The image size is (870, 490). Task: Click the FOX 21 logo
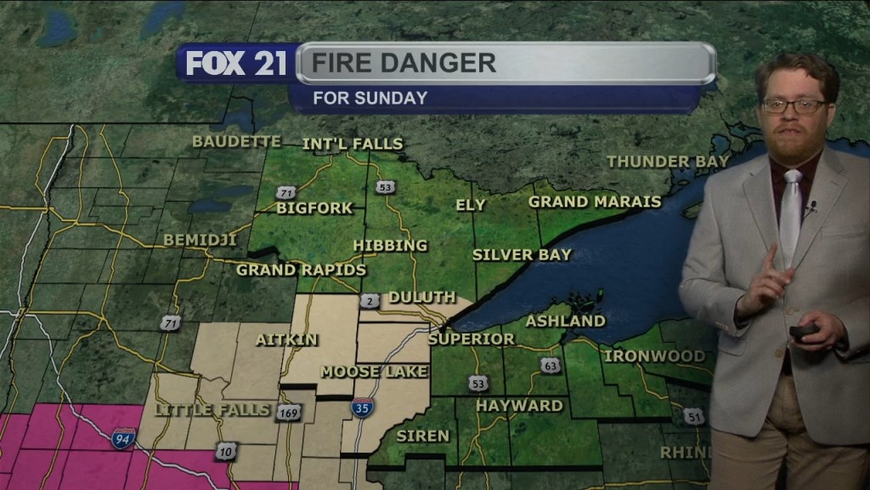236,63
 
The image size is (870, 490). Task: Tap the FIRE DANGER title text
403,63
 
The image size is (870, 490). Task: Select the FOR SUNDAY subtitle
370,98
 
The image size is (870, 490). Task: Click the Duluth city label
422,297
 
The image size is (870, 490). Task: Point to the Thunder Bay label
668,161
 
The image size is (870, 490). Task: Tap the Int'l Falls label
353,144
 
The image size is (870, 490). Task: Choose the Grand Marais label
595,202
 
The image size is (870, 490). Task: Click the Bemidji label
198,240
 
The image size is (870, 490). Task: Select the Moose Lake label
374,372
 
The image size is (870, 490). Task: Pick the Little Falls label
202,410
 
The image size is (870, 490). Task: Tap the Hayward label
519,406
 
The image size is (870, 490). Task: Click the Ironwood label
654,356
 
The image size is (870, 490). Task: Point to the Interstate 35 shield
360,407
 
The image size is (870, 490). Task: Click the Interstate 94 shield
123,439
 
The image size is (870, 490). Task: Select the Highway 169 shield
287,413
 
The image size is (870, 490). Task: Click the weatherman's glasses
794,106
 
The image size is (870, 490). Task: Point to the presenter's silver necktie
791,213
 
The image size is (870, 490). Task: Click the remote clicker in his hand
803,331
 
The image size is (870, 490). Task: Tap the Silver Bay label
523,254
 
